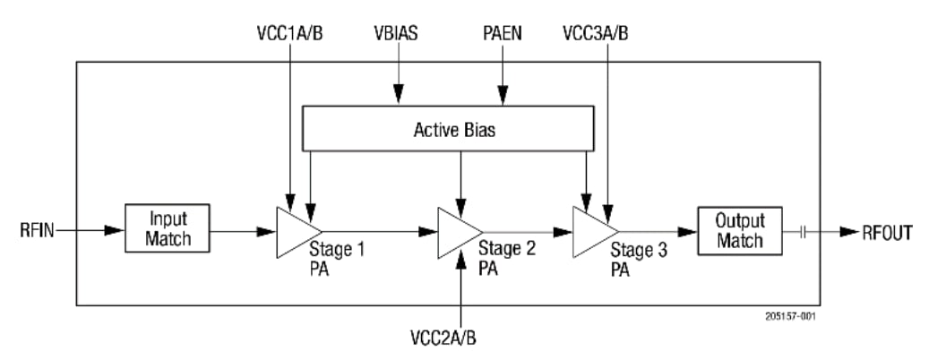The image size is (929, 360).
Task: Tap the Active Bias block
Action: pos(448,129)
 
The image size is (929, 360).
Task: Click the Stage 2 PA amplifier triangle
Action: pos(452,231)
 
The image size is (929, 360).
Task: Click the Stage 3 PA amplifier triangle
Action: pos(589,230)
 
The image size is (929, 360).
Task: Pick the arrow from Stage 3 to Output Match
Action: pos(659,230)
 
